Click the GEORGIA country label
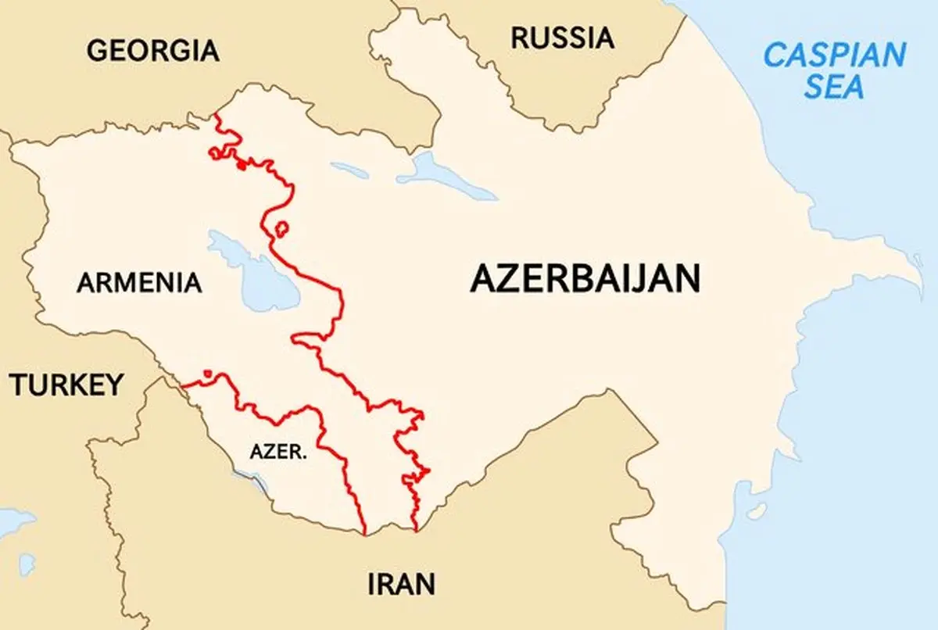tap(152, 51)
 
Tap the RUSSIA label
tap(562, 38)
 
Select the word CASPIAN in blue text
tap(834, 55)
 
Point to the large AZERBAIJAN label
tap(585, 279)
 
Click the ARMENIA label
tap(139, 282)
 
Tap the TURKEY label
tap(66, 385)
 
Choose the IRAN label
tap(401, 584)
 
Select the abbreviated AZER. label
tap(277, 452)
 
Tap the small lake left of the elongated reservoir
tap(349, 169)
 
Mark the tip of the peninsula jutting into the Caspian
tap(919, 279)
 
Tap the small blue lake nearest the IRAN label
tap(27, 563)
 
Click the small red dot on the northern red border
tap(242, 165)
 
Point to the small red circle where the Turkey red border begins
tap(207, 374)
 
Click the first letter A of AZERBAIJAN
tap(482, 279)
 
